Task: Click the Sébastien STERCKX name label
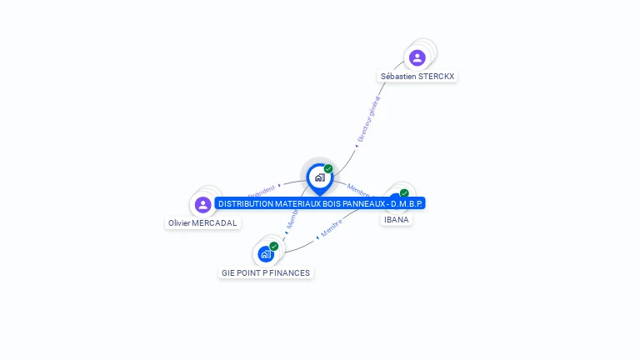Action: pyautogui.click(x=417, y=76)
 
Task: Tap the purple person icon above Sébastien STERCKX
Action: pyautogui.click(x=417, y=57)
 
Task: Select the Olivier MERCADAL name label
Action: pyautogui.click(x=203, y=223)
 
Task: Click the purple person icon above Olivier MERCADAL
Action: pyautogui.click(x=202, y=205)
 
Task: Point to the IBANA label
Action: pyautogui.click(x=397, y=219)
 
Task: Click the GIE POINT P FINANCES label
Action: pyautogui.click(x=266, y=272)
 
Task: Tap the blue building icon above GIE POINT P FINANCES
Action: pyautogui.click(x=265, y=253)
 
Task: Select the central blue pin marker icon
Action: pyautogui.click(x=319, y=177)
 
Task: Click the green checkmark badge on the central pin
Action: pyautogui.click(x=328, y=169)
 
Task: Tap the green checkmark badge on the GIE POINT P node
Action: pyautogui.click(x=273, y=246)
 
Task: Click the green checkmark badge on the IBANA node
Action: pyautogui.click(x=404, y=193)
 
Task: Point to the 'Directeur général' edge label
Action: pyautogui.click(x=367, y=122)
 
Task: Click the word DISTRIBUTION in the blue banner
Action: pyautogui.click(x=245, y=203)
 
